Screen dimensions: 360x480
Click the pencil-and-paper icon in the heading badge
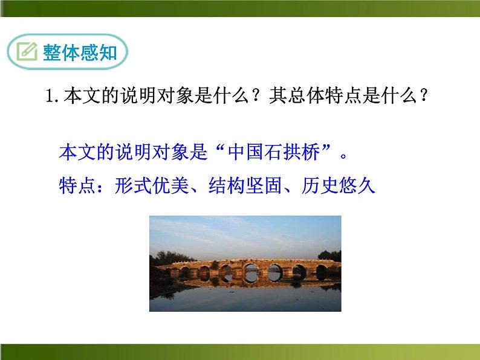tap(27, 53)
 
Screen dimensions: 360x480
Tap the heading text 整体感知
tap(79, 53)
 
